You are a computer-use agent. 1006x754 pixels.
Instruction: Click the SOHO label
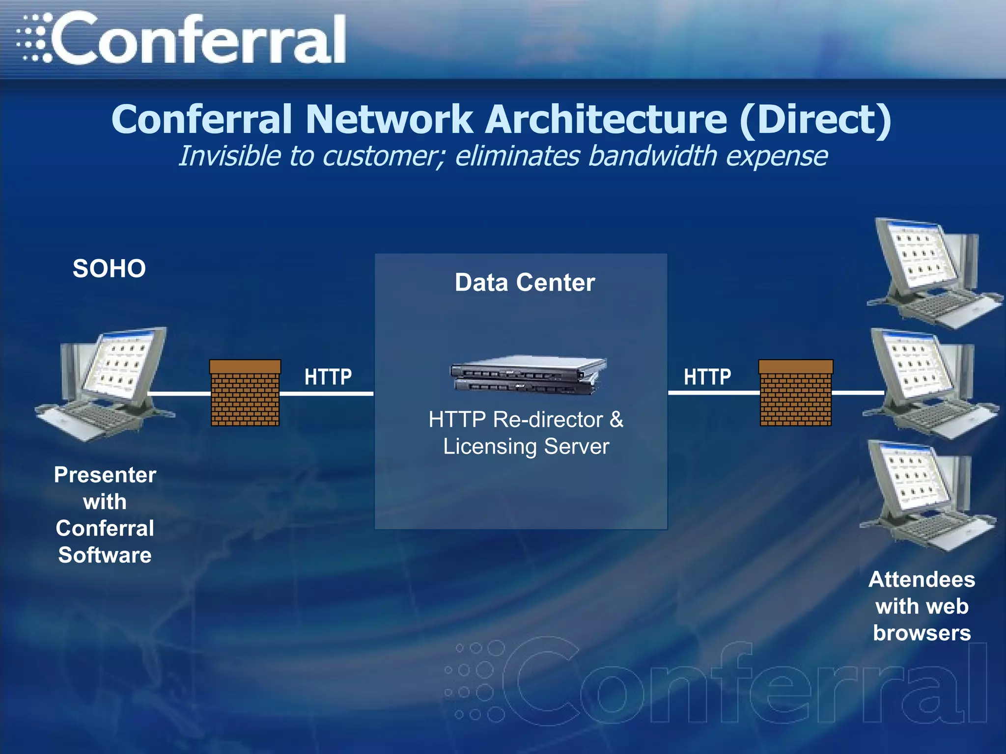pos(109,269)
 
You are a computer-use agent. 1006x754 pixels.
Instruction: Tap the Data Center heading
pos(525,283)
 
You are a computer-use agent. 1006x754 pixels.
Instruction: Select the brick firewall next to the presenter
pos(245,393)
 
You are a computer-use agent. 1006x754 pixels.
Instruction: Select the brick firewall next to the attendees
pos(796,393)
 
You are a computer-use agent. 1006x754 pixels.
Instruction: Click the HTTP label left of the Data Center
pos(328,377)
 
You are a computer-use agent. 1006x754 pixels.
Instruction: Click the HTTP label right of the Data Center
pos(707,377)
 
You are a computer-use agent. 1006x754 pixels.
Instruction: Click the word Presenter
pos(105,475)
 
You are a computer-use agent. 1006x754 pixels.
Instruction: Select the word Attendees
pos(922,580)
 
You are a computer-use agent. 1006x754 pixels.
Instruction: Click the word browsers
pos(922,633)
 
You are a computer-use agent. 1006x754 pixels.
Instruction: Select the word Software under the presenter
pos(105,555)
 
